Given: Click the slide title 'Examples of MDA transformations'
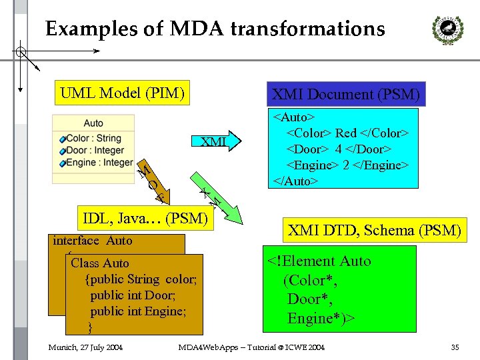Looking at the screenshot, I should pos(215,29).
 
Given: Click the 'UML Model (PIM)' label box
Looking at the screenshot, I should pos(122,93).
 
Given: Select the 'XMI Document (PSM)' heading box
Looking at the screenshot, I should pos(345,94).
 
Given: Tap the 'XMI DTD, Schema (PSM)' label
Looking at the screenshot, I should pos(374,231).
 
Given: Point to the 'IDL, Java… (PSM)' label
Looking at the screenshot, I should pos(145,217).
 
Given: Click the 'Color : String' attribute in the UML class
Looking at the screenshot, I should pos(94,139).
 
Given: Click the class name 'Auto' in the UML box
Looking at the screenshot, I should pos(93,123).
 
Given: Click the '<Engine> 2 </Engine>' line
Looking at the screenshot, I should pos(347,165).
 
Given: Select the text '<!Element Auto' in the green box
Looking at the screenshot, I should pos(319,261).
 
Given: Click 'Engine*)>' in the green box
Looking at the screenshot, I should pos(321,319).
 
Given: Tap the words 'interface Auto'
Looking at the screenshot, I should pos(93,241).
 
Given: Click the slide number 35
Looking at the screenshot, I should pos(455,347).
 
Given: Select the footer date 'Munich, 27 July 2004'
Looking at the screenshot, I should pos(85,347).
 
